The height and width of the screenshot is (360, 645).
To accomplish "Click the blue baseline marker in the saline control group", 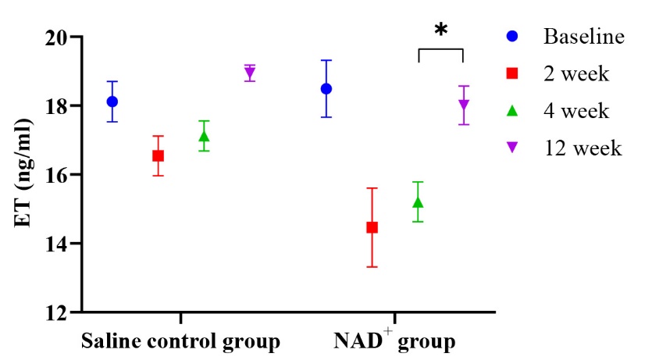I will pyautogui.click(x=112, y=102).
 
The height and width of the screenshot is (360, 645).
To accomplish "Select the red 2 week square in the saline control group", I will pyautogui.click(x=158, y=155).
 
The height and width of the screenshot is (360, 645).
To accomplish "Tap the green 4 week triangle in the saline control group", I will pyautogui.click(x=204, y=137).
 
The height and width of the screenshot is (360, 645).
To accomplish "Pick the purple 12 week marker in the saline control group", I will pyautogui.click(x=250, y=73).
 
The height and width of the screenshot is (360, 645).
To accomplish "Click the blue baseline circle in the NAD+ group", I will pyautogui.click(x=326, y=89).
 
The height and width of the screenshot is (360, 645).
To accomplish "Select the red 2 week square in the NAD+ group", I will pyautogui.click(x=372, y=227).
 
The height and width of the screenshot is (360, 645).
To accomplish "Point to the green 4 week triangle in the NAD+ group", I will pyautogui.click(x=418, y=203).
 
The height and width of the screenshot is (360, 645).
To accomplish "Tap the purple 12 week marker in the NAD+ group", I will pyautogui.click(x=464, y=105).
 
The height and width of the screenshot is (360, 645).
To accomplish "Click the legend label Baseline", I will pyautogui.click(x=583, y=37).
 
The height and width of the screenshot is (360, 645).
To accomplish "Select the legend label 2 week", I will pyautogui.click(x=576, y=74).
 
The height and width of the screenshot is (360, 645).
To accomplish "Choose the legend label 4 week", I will pyautogui.click(x=576, y=111).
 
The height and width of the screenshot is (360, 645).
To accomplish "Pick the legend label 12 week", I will pyautogui.click(x=582, y=148).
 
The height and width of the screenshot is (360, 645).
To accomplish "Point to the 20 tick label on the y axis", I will pyautogui.click(x=54, y=37).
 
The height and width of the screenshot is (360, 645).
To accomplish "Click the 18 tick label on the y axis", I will pyautogui.click(x=54, y=105).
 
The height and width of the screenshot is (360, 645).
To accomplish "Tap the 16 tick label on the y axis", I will pyautogui.click(x=54, y=174).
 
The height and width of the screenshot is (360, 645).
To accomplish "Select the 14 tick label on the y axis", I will pyautogui.click(x=54, y=244).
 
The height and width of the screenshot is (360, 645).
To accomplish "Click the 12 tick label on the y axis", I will pyautogui.click(x=54, y=312).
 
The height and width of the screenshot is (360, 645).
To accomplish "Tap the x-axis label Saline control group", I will pyautogui.click(x=180, y=342).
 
